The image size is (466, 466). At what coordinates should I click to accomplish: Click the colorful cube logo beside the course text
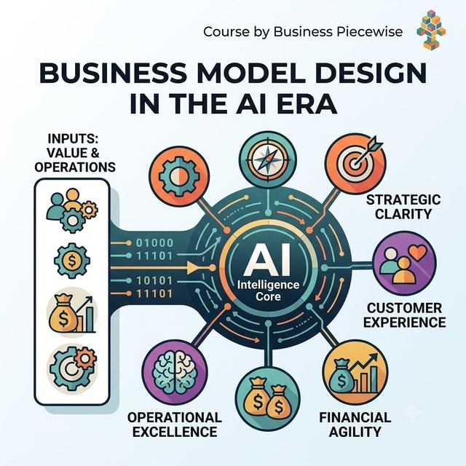pos(431,29)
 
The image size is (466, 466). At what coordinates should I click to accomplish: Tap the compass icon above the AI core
pos(268,159)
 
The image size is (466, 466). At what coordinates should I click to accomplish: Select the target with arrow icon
pos(355,163)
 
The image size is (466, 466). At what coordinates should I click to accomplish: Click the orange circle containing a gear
pos(179,176)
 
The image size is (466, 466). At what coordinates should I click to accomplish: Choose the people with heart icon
pos(404,264)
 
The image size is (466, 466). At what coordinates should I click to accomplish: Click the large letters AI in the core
pos(266,261)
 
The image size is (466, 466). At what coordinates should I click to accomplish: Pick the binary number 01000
pos(154,242)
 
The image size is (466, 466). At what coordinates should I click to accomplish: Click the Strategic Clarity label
pos(403,207)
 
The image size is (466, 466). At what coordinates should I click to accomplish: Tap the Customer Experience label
pos(405,315)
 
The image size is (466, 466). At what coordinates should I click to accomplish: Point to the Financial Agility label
pos(355,424)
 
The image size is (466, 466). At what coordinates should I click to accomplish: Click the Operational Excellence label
pos(175,424)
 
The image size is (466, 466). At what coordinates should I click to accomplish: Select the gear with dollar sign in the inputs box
pos(72,261)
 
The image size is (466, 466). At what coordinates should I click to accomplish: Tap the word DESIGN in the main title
pos(366,73)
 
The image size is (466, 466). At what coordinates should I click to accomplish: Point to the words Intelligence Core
pos(269,291)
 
